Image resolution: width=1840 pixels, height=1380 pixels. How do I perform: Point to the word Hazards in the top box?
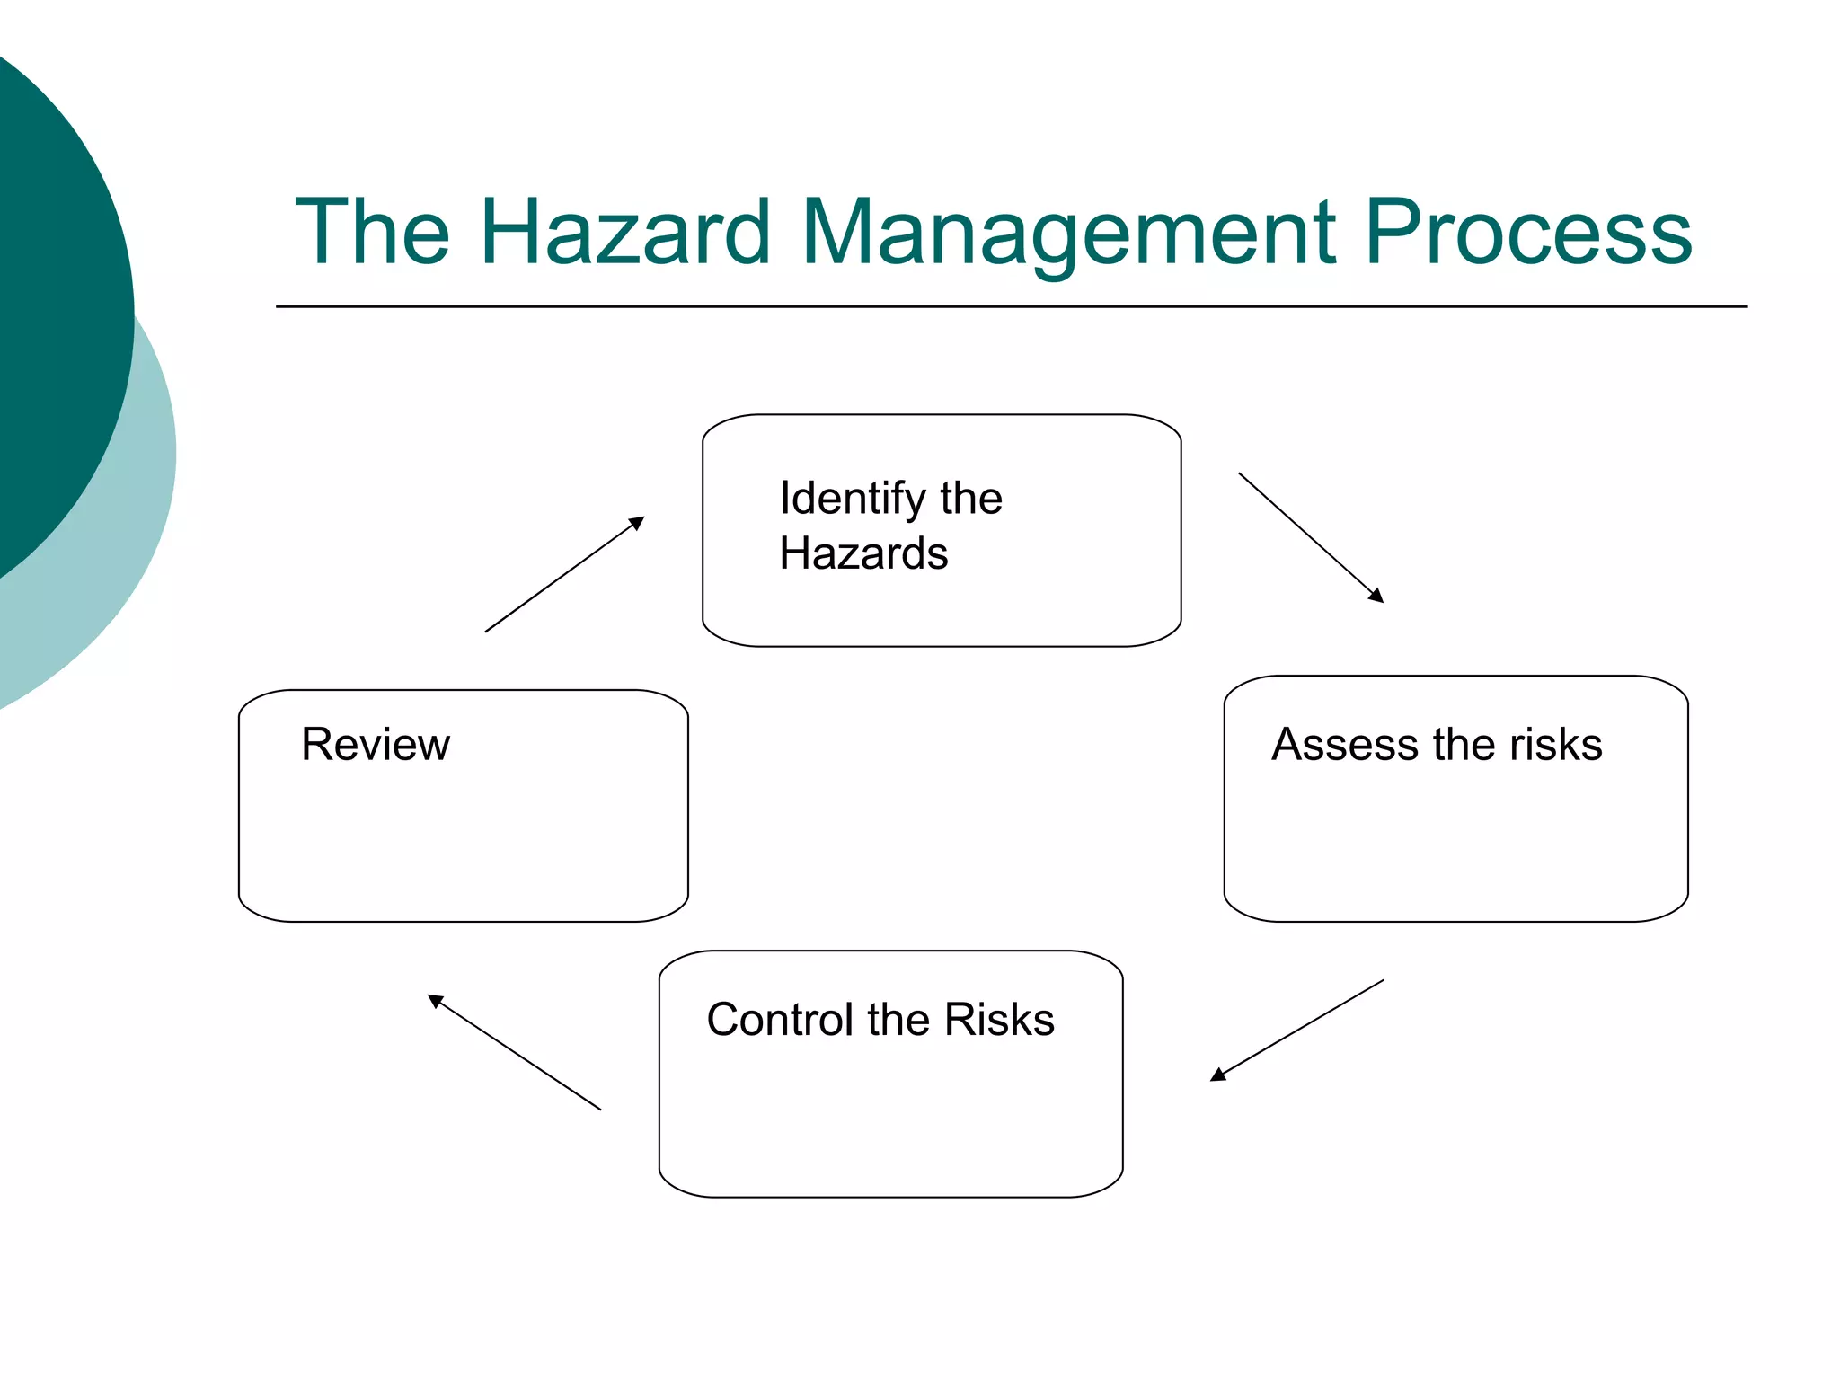[x=863, y=553]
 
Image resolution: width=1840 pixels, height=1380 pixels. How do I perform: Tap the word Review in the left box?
[x=375, y=745]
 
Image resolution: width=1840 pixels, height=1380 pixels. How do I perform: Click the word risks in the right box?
[x=1555, y=745]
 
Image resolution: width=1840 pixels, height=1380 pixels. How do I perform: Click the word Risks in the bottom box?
[x=998, y=1020]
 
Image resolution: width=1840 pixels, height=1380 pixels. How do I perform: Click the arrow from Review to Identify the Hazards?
[x=564, y=575]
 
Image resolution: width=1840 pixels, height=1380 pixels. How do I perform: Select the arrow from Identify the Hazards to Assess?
[x=1311, y=537]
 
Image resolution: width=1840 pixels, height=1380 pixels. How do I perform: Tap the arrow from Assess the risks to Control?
[x=1297, y=1031]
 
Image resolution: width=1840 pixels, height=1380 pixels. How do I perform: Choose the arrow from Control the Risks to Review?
[x=514, y=1052]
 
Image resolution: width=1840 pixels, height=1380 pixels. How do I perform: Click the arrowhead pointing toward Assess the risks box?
[x=1376, y=596]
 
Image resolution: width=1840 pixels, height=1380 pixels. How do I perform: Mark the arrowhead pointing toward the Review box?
[x=435, y=1000]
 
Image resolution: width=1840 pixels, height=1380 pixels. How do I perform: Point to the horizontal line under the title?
[x=1011, y=306]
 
